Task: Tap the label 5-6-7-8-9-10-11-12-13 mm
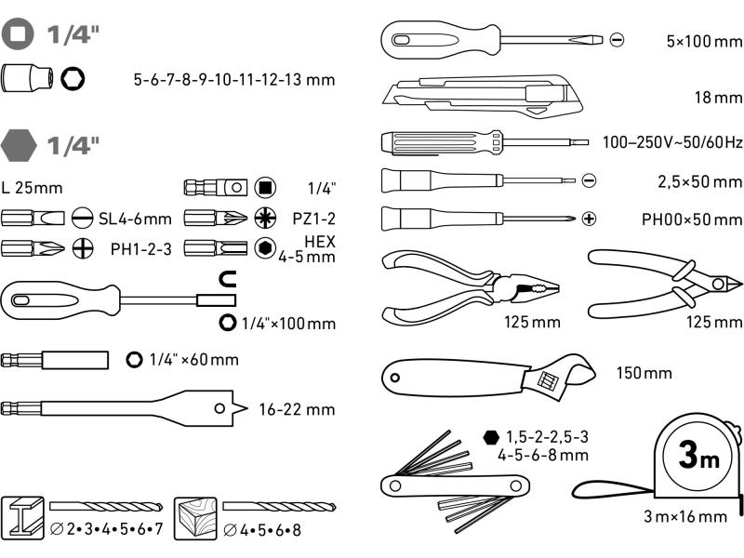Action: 233,80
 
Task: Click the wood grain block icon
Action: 195,515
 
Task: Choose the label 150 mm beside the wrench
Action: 643,374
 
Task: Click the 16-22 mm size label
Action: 297,408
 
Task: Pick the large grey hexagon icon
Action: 20,144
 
